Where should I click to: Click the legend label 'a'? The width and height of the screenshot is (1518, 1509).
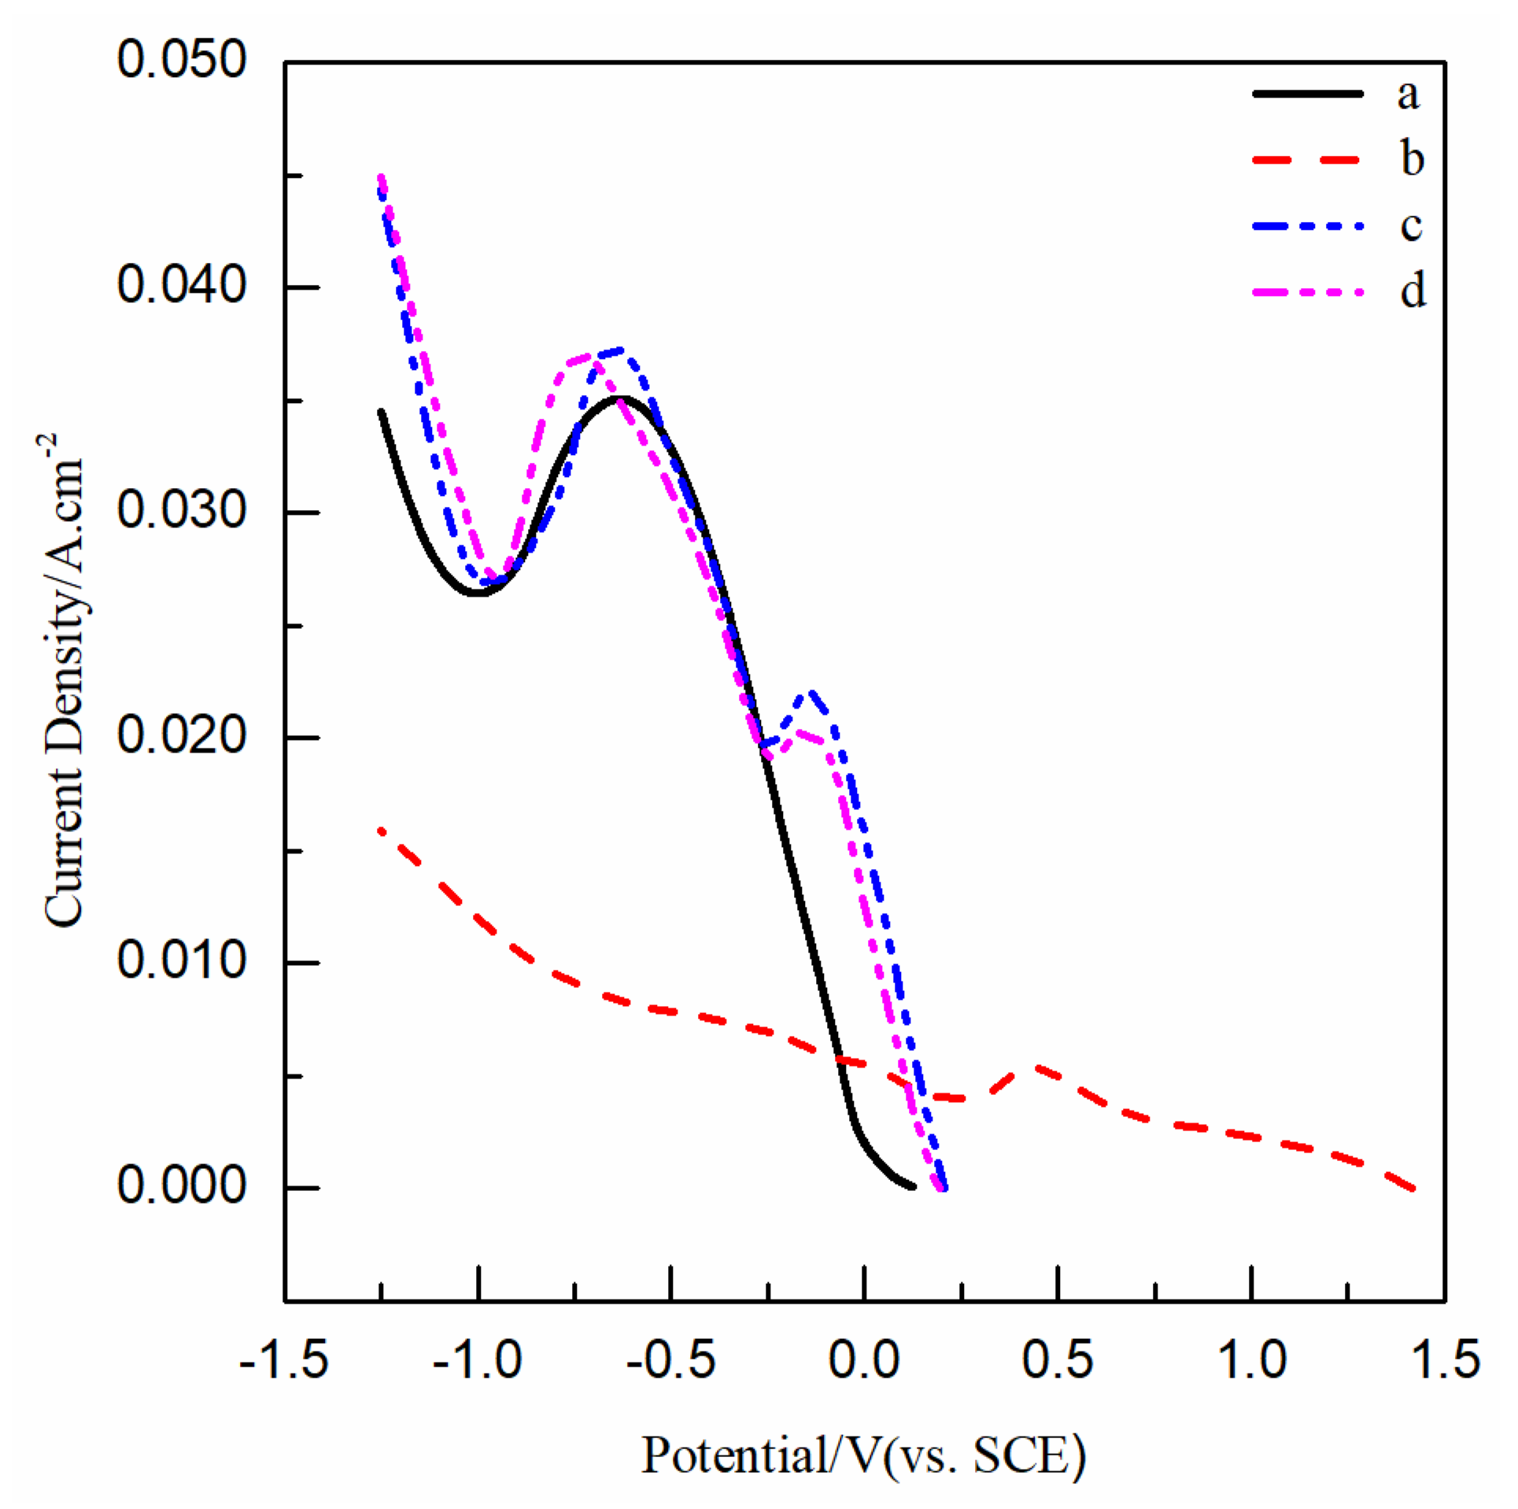coord(1408,94)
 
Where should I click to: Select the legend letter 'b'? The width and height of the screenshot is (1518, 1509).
coord(1412,160)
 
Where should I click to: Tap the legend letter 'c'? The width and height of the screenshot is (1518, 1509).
coord(1410,226)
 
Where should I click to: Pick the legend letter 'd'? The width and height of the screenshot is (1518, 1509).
coord(1412,292)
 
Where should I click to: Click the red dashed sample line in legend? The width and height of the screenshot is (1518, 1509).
coord(1306,160)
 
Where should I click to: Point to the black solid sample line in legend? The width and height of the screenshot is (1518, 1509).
coord(1306,94)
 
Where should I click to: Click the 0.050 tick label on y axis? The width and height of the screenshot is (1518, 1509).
coord(182,60)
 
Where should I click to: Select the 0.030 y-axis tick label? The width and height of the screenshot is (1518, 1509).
coord(182,511)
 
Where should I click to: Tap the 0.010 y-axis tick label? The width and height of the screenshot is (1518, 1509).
coord(182,961)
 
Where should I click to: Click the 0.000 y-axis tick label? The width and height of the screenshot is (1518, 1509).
coord(182,1186)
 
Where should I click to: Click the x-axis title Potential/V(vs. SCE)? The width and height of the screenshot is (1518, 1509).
coord(863,1455)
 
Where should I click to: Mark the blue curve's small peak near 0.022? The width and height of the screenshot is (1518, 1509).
coord(810,692)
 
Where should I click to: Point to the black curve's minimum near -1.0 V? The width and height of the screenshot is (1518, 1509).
coord(478,592)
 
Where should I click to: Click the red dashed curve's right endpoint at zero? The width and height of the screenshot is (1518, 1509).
coord(1414,1188)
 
